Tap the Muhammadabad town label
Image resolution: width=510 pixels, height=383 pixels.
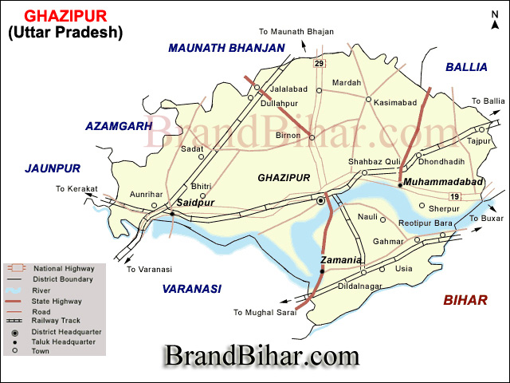[443, 183]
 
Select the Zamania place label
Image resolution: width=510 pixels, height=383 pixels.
[342, 261]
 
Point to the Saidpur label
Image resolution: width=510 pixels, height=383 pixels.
[194, 203]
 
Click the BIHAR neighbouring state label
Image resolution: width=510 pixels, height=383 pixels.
[465, 300]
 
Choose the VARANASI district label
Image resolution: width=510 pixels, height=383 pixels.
[191, 289]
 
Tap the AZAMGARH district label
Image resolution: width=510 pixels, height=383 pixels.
[119, 126]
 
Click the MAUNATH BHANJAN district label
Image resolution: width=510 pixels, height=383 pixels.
[226, 48]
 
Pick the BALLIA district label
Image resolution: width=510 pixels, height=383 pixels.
[466, 67]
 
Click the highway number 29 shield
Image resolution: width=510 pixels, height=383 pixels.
[320, 63]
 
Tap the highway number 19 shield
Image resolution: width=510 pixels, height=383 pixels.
[454, 197]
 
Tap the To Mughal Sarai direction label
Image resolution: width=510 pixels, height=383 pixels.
[265, 312]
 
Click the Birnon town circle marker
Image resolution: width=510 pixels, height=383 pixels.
[312, 137]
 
